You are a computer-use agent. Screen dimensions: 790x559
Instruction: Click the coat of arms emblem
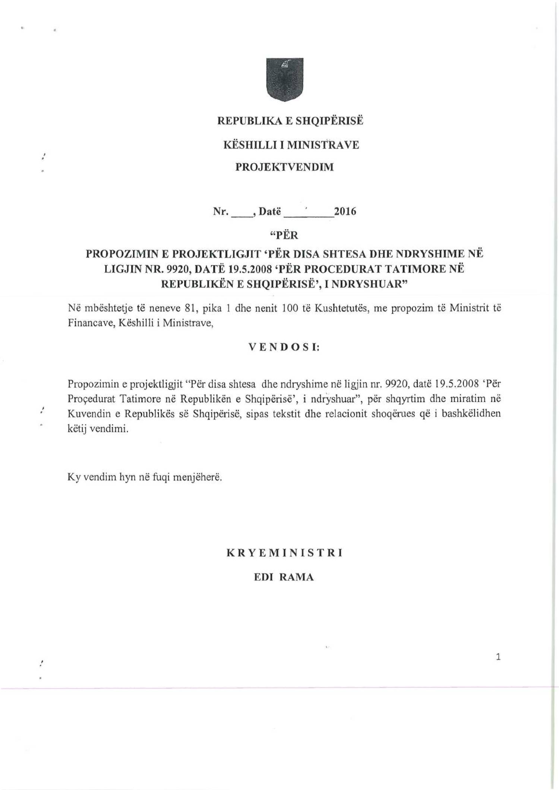coord(285,79)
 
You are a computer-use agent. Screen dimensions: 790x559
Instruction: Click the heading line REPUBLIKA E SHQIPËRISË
coord(290,121)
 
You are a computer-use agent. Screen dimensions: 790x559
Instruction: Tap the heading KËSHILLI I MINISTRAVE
coord(291,145)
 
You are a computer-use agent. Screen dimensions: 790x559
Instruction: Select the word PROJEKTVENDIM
coord(284,167)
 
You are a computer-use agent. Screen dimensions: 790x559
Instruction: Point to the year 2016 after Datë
coord(345,212)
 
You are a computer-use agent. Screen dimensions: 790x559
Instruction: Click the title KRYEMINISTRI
coord(284,553)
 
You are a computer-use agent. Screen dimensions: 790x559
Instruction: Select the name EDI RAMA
coord(284,577)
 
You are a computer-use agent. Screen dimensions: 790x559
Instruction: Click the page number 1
coord(498,657)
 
